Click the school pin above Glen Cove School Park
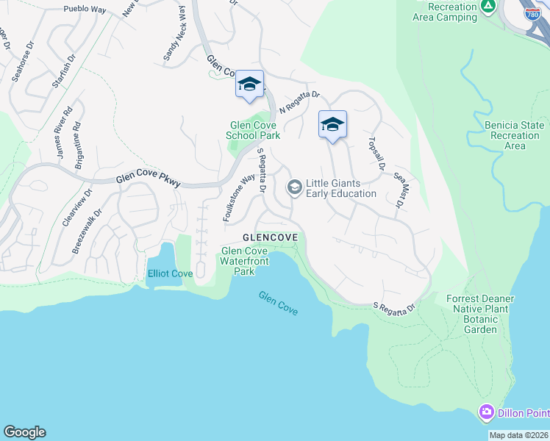click(249, 85)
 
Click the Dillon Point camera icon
click(486, 412)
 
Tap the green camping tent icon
click(488, 7)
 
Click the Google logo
click(24, 432)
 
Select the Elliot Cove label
click(170, 273)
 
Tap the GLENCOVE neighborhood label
click(271, 237)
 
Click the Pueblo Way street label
click(85, 9)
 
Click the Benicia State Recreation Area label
click(515, 135)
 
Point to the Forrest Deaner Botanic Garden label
click(480, 314)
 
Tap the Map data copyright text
click(518, 435)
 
